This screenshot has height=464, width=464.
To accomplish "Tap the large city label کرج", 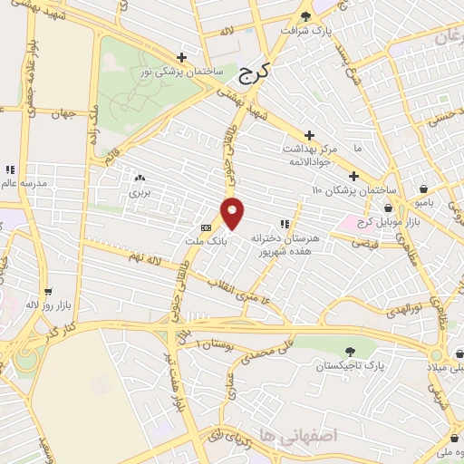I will tap(257, 70).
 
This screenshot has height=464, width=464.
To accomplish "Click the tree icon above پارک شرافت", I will tap(304, 15).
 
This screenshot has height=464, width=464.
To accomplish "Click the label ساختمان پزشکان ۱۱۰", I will tap(354, 190).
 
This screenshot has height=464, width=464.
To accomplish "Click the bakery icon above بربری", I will tap(139, 178).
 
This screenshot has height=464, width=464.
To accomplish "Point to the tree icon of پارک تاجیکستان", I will tap(350, 351).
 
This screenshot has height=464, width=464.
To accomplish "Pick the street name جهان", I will tap(62, 113).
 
